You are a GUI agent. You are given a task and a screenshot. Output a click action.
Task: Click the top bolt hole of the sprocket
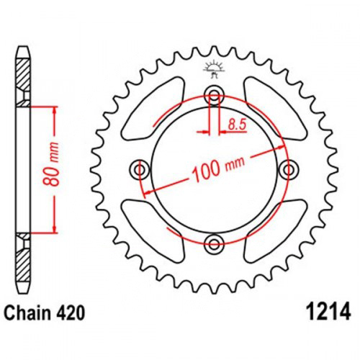(214, 96)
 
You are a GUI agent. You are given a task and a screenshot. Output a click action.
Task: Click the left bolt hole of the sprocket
(139, 170)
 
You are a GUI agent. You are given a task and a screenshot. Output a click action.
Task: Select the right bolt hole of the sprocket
(289, 170)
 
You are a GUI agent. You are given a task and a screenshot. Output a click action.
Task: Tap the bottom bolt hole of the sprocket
(214, 245)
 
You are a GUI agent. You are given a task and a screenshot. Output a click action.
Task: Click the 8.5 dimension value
(237, 125)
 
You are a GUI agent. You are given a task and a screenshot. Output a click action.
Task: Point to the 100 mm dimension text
(219, 168)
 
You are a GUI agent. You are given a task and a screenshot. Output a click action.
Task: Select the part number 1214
(330, 312)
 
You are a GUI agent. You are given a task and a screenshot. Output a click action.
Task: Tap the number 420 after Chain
(71, 312)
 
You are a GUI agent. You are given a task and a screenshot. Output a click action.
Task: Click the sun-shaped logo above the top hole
(214, 70)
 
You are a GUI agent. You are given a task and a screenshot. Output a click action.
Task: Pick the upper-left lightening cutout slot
(153, 109)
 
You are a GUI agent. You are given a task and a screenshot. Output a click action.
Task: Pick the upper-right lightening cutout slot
(276, 109)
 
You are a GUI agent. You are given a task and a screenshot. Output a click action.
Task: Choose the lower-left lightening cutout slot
(153, 231)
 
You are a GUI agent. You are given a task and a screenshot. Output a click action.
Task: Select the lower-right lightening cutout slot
(276, 231)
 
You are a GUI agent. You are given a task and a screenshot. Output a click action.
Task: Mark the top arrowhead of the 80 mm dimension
(55, 111)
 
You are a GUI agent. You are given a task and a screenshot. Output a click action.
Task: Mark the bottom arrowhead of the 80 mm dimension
(55, 228)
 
